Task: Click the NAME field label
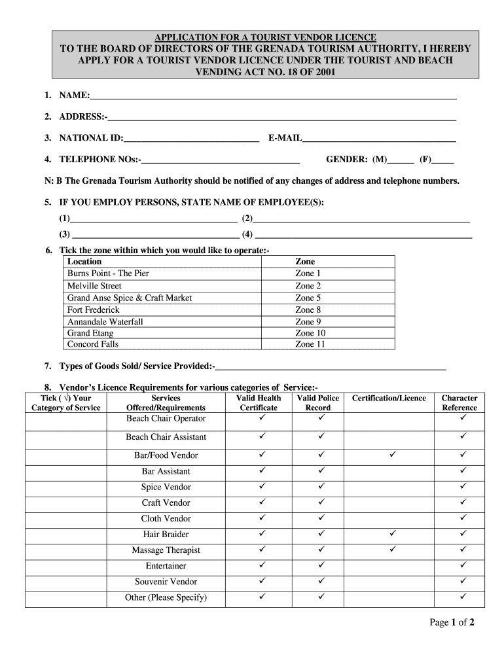[x=74, y=96]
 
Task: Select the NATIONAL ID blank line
[x=190, y=139]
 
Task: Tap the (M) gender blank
[x=401, y=160]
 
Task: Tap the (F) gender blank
[x=443, y=160]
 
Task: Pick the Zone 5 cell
[x=308, y=298]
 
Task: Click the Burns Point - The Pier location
[x=108, y=273]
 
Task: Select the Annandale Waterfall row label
[x=105, y=321]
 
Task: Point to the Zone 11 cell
[x=310, y=344]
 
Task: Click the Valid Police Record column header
[x=318, y=402]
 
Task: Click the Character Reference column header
[x=459, y=402]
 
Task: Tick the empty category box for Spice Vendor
[x=65, y=487]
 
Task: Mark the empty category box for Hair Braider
[x=65, y=535]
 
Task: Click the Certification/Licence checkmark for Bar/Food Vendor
[x=393, y=454]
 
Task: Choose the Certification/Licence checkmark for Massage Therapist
[x=393, y=549]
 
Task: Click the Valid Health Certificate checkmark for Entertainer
[x=261, y=565]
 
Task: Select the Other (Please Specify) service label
[x=166, y=597]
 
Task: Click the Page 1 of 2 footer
[x=452, y=622]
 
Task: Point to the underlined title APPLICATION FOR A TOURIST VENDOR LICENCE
[x=264, y=37]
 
